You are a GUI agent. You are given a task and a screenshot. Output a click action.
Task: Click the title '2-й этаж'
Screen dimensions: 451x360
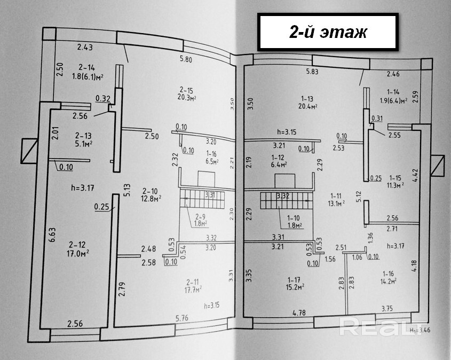click(x=328, y=32)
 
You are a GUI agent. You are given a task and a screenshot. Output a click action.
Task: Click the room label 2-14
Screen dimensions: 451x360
click(x=86, y=68)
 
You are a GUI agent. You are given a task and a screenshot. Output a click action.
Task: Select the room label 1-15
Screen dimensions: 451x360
click(x=395, y=177)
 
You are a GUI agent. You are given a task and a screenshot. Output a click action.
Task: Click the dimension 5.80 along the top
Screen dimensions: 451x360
click(x=186, y=59)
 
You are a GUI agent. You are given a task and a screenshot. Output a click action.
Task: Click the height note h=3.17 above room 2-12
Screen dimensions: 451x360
click(x=83, y=187)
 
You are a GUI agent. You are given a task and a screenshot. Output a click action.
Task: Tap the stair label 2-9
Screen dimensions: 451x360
click(x=200, y=217)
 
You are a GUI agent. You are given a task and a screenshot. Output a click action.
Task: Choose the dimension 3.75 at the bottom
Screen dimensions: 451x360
click(x=386, y=308)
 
